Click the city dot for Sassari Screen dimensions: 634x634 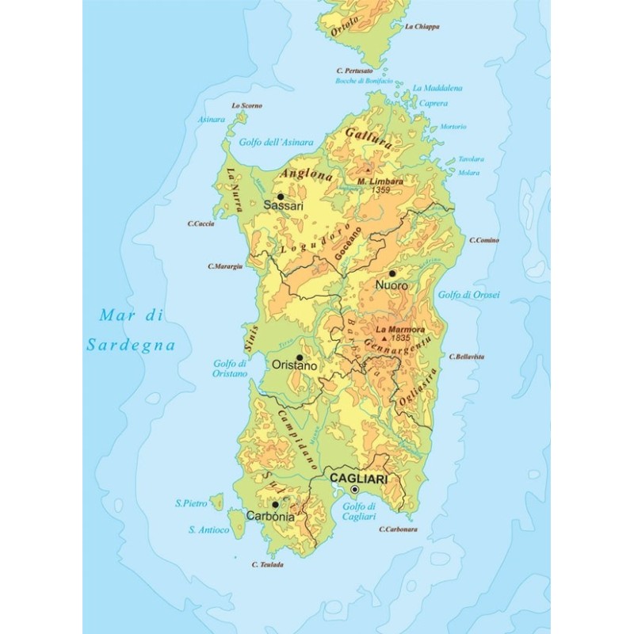(x=280, y=196)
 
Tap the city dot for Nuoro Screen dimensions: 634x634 (x=391, y=273)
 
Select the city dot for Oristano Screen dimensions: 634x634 (x=300, y=357)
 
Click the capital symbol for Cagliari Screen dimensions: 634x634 (x=354, y=490)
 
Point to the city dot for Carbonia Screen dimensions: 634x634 (x=275, y=504)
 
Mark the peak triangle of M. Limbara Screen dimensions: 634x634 (x=368, y=170)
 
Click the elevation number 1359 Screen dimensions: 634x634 (x=381, y=190)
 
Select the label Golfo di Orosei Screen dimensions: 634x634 (x=475, y=295)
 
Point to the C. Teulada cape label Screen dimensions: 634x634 (x=267, y=564)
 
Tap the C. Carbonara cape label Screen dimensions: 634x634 (x=398, y=529)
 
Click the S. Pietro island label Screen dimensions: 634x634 (x=191, y=503)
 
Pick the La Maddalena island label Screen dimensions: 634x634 (x=437, y=88)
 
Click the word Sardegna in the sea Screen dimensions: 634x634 (x=131, y=346)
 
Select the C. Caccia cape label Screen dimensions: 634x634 (x=203, y=223)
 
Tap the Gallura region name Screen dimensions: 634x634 (x=369, y=138)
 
